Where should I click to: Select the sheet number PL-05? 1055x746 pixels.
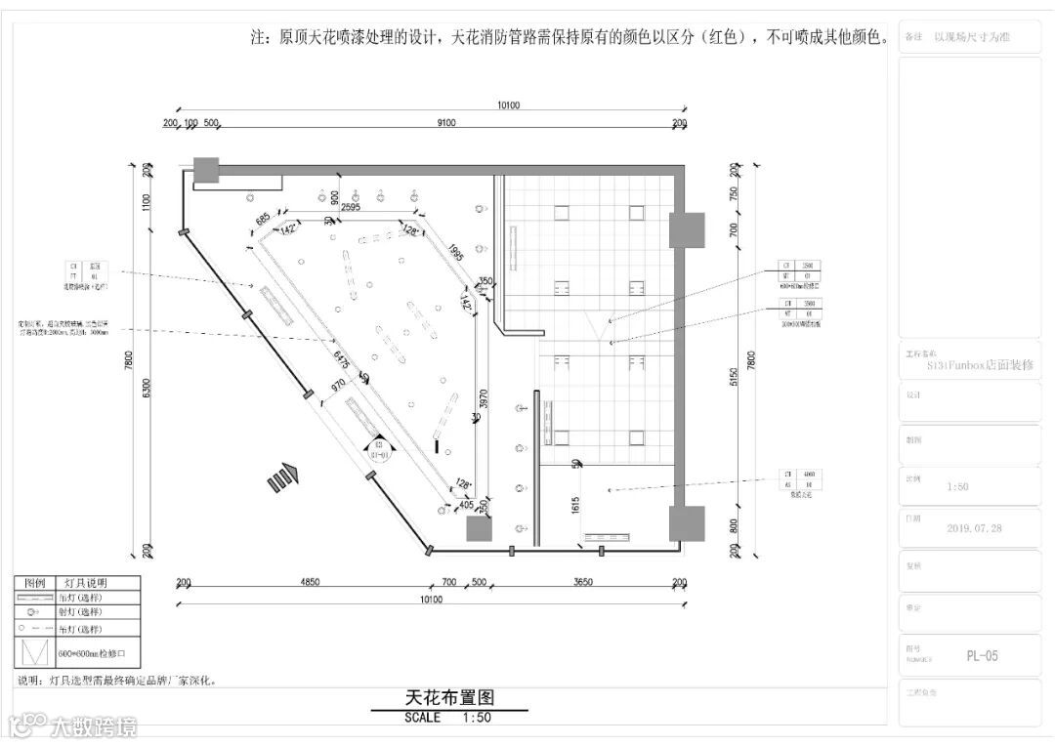pyautogui.click(x=982, y=656)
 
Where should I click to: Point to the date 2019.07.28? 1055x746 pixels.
pyautogui.click(x=974, y=528)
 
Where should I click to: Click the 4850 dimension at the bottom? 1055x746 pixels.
pyautogui.click(x=309, y=583)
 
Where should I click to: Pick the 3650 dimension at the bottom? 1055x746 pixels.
pyautogui.click(x=582, y=583)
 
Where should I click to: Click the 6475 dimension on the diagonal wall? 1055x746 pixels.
pyautogui.click(x=341, y=360)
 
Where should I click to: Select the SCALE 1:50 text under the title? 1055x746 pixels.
pyautogui.click(x=448, y=718)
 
